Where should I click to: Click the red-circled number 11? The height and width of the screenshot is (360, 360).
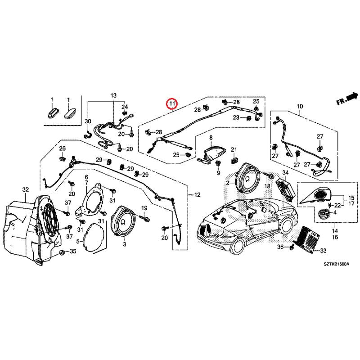click(171, 104)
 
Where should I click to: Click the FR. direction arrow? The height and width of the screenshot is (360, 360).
click(347, 99)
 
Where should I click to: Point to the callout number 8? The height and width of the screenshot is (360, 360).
click(210, 137)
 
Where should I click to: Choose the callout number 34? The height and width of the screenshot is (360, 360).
click(285, 173)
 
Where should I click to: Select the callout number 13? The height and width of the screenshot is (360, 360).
click(113, 96)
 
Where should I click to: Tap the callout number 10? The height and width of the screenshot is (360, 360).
click(300, 107)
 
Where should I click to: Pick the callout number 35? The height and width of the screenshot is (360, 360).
click(73, 251)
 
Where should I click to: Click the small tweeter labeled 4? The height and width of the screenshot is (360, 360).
click(323, 213)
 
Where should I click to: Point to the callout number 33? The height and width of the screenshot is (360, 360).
click(323, 251)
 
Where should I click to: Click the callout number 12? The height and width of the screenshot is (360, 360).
click(197, 195)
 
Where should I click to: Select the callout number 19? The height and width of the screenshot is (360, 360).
click(144, 208)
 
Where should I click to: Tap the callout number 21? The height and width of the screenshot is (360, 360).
click(234, 149)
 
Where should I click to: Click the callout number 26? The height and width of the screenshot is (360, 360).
click(63, 149)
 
